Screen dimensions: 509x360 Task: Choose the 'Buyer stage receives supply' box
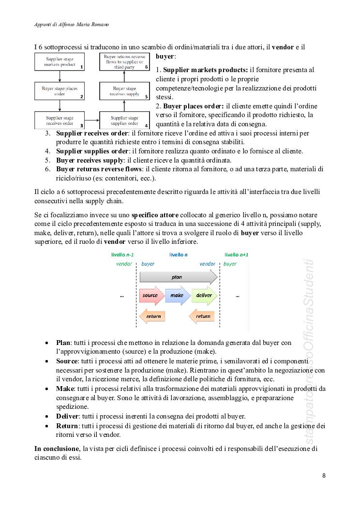click(x=124, y=91)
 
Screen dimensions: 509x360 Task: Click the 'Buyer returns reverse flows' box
click(x=124, y=61)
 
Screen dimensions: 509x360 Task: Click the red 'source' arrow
click(x=151, y=295)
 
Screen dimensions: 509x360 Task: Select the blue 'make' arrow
click(x=177, y=295)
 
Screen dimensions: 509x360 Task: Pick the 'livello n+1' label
click(x=237, y=254)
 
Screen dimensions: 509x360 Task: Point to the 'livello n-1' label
click(x=123, y=254)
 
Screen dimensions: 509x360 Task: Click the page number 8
click(x=324, y=475)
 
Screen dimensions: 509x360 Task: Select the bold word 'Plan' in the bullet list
click(x=63, y=343)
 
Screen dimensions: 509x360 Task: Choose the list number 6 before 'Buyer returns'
click(x=48, y=169)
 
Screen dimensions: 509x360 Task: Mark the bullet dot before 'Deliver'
click(x=46, y=417)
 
